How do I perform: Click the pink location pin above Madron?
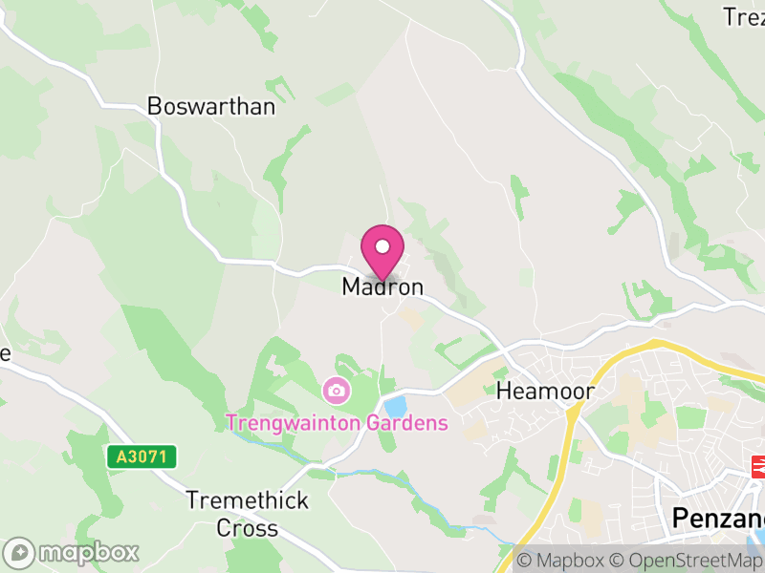382,251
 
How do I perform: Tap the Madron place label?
382,286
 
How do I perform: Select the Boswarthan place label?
210,106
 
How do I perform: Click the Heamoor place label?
545,392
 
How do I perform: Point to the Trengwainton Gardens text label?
337,422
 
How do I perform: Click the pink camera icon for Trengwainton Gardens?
336,390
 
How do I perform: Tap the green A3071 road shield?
142,457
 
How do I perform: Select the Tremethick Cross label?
247,514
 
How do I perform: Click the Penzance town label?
717,518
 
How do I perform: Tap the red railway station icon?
762,466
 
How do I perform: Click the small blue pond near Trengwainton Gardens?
394,406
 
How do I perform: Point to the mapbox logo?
72,552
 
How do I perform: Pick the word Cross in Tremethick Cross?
247,528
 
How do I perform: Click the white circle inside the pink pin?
382,246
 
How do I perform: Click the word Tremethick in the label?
247,500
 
